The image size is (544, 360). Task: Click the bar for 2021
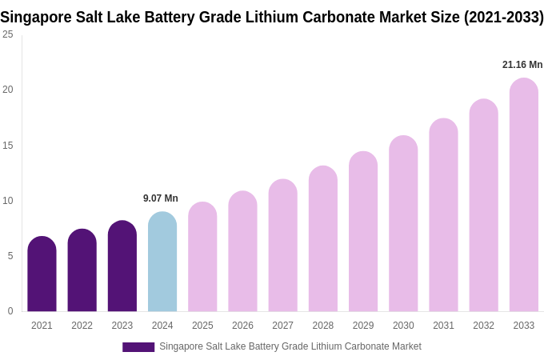pyautogui.click(x=42, y=274)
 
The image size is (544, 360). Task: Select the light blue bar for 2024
pyautogui.click(x=162, y=262)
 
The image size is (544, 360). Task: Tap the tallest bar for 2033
pyautogui.click(x=524, y=195)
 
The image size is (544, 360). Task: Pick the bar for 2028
pyautogui.click(x=323, y=239)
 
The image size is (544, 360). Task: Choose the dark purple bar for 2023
pyautogui.click(x=122, y=266)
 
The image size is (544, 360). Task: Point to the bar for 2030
pyautogui.click(x=403, y=224)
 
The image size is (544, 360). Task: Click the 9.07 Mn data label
pyautogui.click(x=161, y=198)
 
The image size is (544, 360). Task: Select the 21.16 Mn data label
pyautogui.click(x=522, y=65)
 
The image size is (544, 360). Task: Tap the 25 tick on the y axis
pyautogui.click(x=8, y=34)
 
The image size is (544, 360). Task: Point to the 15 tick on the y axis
pyautogui.click(x=8, y=146)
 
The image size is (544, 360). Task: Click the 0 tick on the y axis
pyautogui.click(x=10, y=311)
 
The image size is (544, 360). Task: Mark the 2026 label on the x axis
pyautogui.click(x=242, y=326)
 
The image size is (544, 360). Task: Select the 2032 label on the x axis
pyautogui.click(x=483, y=326)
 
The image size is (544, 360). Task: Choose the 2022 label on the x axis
pyautogui.click(x=82, y=326)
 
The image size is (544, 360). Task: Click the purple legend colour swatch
pyautogui.click(x=138, y=347)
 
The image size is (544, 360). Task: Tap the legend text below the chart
pyautogui.click(x=290, y=346)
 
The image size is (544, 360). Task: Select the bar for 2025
pyautogui.click(x=202, y=257)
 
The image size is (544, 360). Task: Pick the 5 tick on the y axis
pyautogui.click(x=10, y=256)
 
